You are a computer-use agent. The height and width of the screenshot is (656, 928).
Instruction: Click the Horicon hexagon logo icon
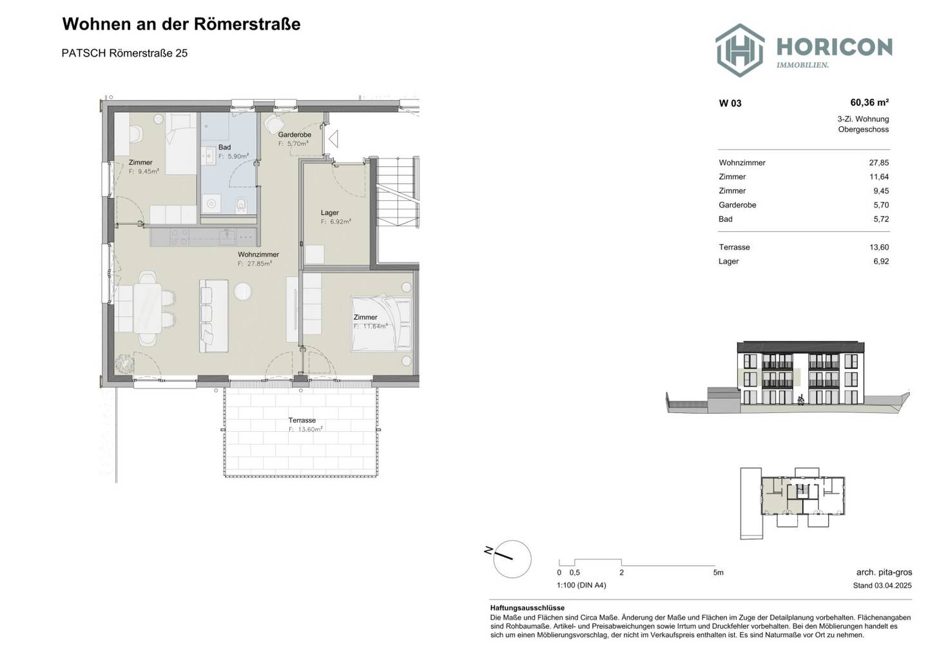(740, 50)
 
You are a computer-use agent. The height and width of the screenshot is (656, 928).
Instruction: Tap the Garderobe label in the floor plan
(295, 135)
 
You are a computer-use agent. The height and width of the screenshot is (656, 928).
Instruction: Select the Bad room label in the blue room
(224, 147)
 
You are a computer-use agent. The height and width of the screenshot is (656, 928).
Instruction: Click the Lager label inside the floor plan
(330, 213)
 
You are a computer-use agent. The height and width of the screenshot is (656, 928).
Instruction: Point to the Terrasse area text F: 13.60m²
(305, 429)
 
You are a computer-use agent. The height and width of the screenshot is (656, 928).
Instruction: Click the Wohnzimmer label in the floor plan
(258, 255)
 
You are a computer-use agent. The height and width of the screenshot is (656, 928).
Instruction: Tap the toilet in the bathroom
(241, 204)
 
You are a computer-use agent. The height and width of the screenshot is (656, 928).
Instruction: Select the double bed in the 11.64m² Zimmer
(381, 323)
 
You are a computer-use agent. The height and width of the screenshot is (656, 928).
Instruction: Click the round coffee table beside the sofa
(243, 291)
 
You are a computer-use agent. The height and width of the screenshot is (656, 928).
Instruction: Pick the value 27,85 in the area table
(879, 163)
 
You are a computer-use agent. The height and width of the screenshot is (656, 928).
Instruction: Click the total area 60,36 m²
(869, 102)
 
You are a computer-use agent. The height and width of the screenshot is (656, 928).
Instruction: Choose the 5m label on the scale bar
(718, 573)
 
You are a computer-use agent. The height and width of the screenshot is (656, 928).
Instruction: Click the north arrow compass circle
(512, 559)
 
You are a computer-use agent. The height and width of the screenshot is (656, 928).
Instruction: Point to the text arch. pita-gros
(884, 572)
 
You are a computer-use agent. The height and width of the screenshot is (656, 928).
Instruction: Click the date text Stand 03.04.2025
(882, 586)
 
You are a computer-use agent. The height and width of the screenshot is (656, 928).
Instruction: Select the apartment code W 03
(730, 103)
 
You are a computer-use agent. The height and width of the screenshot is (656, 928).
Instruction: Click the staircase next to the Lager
(397, 191)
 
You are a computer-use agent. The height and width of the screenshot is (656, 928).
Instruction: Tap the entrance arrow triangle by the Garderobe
(333, 139)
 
